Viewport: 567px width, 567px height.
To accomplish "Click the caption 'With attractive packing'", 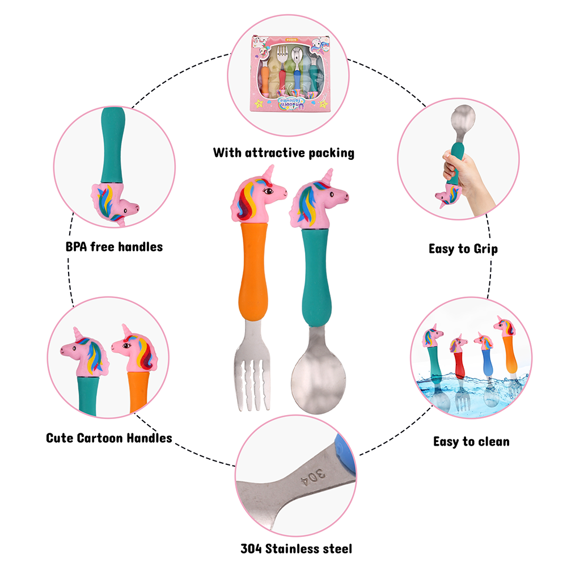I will click(283, 153).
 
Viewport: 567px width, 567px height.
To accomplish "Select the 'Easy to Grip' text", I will click(463, 248).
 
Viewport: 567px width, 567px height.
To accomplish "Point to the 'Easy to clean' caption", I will click(471, 441).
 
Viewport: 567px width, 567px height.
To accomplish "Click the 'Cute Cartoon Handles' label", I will click(109, 438).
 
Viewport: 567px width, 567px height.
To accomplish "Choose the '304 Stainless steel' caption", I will click(296, 548).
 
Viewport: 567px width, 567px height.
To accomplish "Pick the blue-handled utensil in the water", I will click(486, 369).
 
